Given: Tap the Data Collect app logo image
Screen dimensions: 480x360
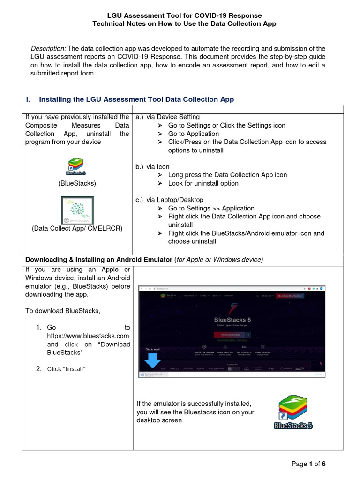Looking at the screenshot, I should (x=77, y=210).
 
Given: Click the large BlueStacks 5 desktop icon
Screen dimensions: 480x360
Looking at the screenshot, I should (x=293, y=412).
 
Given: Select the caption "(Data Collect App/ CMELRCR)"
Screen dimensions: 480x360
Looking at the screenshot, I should (x=77, y=229).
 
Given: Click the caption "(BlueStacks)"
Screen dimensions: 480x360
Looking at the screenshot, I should (x=77, y=183).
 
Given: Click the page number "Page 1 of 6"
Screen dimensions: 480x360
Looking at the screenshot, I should (x=308, y=464).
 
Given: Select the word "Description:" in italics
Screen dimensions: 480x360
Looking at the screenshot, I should (x=48, y=49).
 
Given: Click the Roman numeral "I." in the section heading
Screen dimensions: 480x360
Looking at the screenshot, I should (x=28, y=99).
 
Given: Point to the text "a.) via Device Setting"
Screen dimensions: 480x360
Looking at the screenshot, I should (x=167, y=117).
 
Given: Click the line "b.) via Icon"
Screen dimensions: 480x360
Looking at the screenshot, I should (x=152, y=166).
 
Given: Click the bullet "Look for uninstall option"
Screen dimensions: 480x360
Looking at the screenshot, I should (x=203, y=183).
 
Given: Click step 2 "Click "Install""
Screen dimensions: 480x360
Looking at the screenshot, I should (x=66, y=369).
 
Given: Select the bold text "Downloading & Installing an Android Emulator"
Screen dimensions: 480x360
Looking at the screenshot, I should (x=98, y=260).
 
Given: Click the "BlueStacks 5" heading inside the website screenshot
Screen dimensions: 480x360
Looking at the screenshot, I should (x=232, y=320).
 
